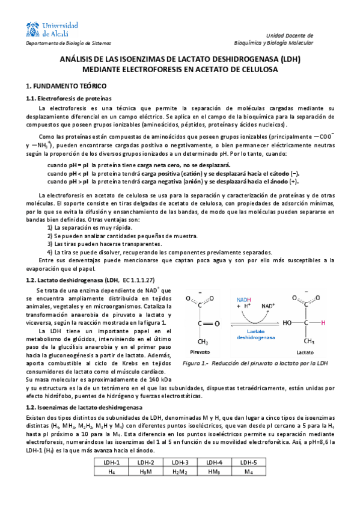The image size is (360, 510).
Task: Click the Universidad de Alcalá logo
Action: pos(53,28)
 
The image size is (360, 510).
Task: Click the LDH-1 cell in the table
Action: pos(112,462)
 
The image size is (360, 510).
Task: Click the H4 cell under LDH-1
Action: pos(112,472)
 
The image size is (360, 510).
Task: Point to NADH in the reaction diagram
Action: pos(244,299)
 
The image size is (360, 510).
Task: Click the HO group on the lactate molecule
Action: pos(288,322)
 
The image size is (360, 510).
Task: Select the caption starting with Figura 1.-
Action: pos(255,363)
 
